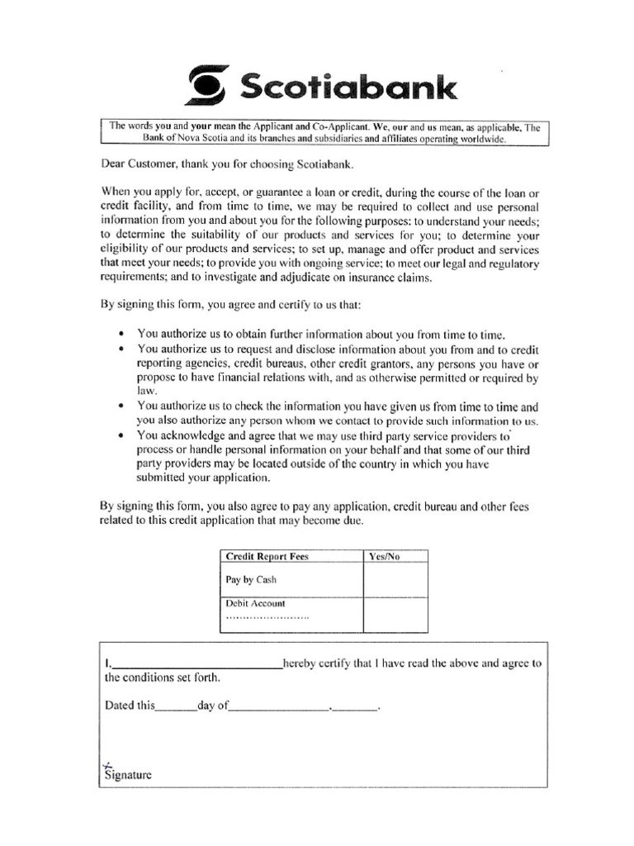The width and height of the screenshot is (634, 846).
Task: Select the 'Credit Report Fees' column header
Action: [x=267, y=557]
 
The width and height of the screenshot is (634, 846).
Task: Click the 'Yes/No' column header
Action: [x=384, y=557]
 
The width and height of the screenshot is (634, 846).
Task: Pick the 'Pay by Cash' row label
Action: [x=251, y=579]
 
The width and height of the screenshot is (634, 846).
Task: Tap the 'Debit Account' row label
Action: [x=257, y=604]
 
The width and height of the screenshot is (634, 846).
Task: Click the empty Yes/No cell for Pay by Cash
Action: [x=395, y=580]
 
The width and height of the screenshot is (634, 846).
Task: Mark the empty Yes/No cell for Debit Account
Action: [x=395, y=614]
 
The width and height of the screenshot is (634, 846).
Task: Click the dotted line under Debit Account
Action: [x=267, y=617]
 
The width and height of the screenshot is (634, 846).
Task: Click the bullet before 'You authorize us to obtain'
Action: [x=121, y=334]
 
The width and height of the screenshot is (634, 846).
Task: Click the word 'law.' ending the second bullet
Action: [x=146, y=392]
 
